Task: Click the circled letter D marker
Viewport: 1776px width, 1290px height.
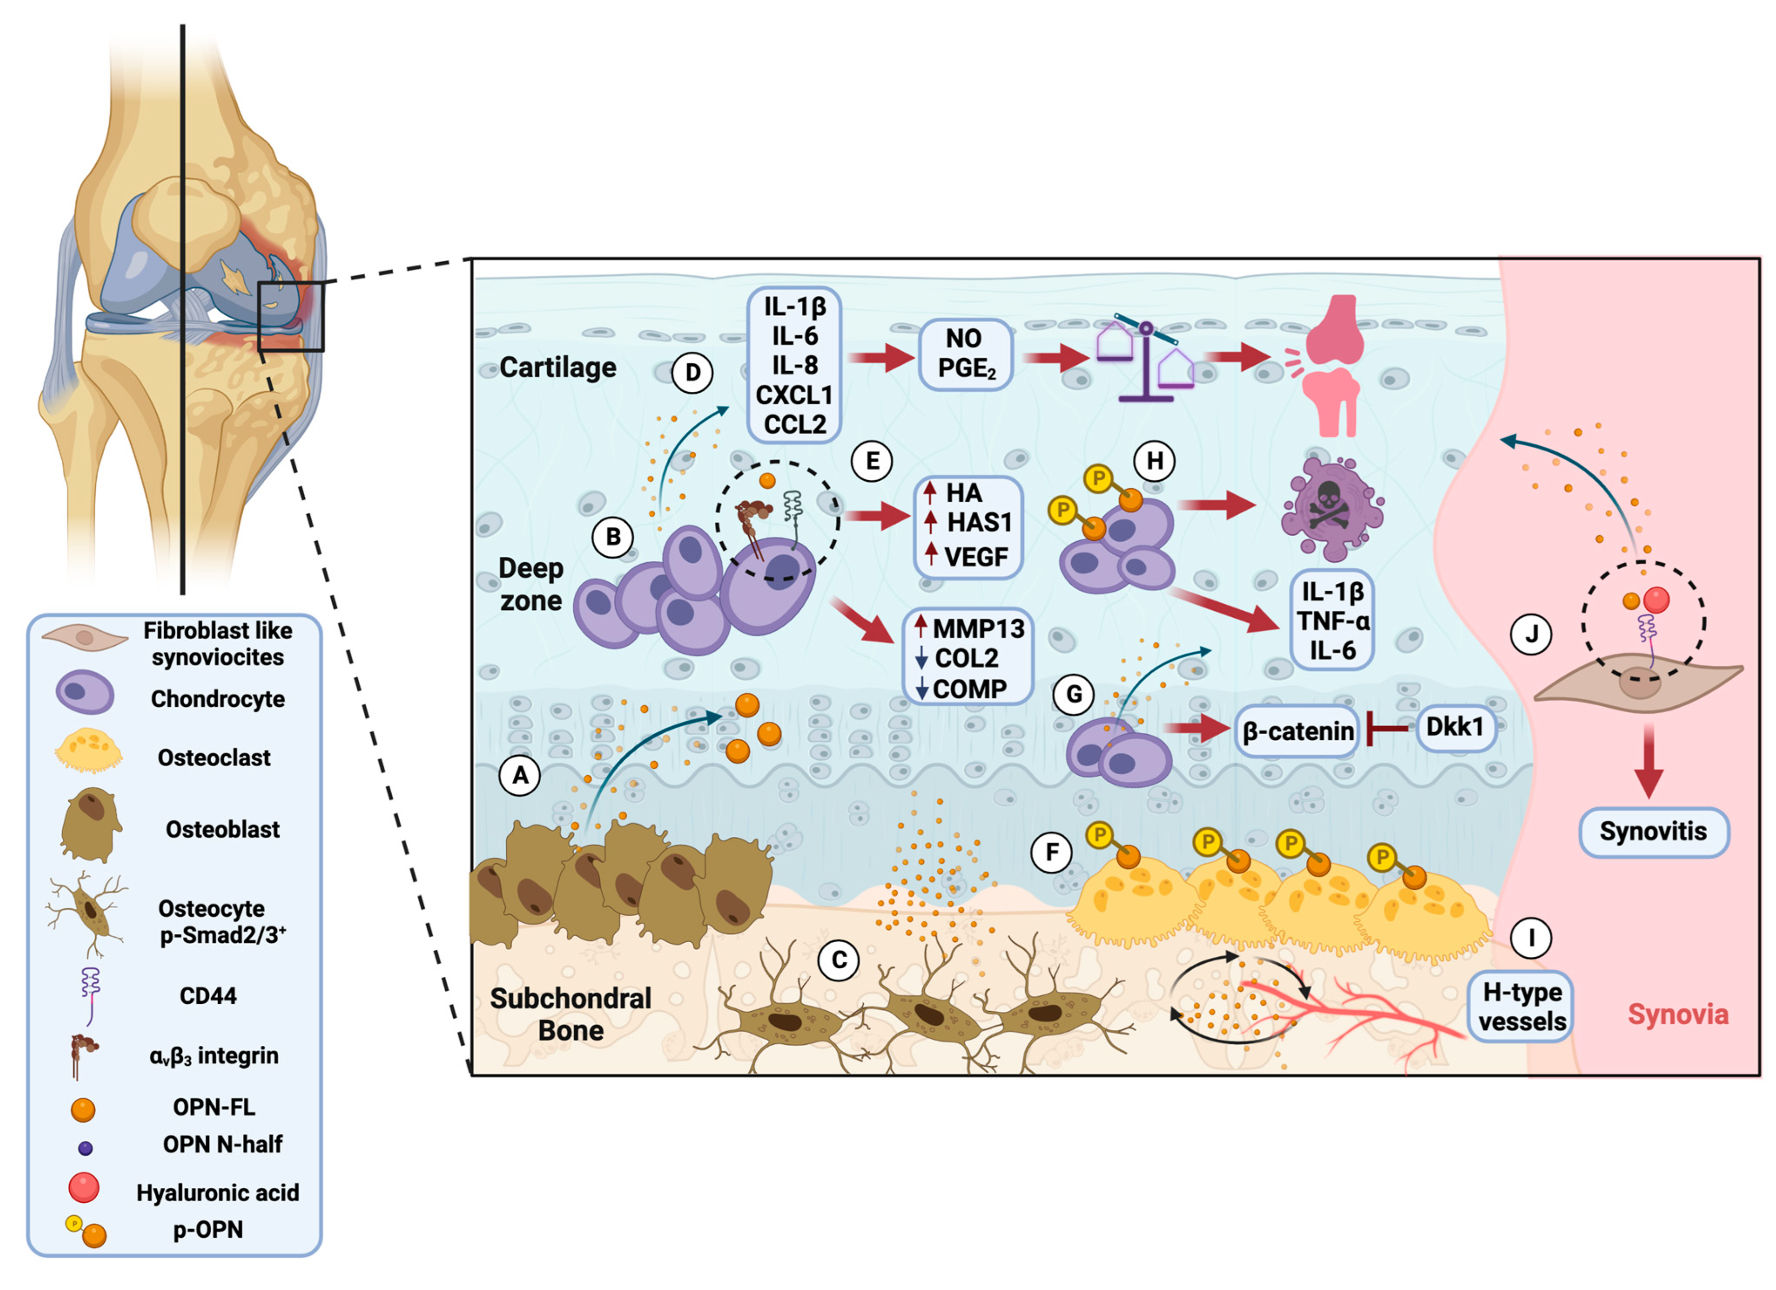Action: [x=692, y=373]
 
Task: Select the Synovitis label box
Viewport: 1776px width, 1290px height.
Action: [x=1653, y=832]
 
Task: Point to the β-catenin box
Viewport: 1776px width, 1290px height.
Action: [x=1298, y=731]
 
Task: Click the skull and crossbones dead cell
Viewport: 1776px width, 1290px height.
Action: [x=1331, y=509]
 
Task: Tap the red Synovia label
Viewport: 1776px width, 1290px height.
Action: [x=1677, y=1014]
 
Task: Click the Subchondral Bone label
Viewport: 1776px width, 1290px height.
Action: [x=571, y=1014]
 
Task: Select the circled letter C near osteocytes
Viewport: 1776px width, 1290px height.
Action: [x=839, y=960]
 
